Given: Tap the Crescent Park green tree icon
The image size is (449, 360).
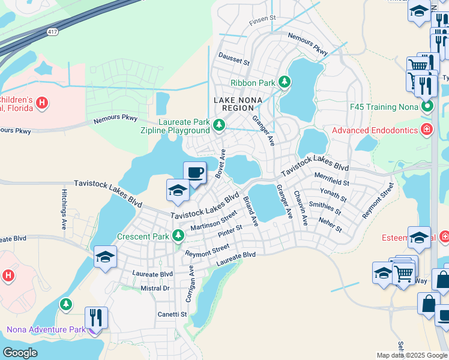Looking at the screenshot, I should (x=178, y=236).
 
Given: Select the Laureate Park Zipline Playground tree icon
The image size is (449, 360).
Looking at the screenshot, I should (x=219, y=125).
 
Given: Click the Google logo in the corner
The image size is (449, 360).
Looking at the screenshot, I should (x=20, y=352).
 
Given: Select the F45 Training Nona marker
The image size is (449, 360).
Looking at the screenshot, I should (x=427, y=107).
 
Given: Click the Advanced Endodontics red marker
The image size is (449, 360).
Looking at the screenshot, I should (x=427, y=130).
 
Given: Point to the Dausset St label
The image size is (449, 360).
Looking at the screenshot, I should (x=234, y=61).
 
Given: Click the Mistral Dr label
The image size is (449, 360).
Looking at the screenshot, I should (x=155, y=288).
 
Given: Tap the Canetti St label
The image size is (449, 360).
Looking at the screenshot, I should (x=172, y=314).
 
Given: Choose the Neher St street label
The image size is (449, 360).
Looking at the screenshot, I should (x=331, y=226).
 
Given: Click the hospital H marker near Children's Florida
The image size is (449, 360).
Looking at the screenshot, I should (x=41, y=103).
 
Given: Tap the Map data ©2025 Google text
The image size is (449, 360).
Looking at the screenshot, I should (x=411, y=355).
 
